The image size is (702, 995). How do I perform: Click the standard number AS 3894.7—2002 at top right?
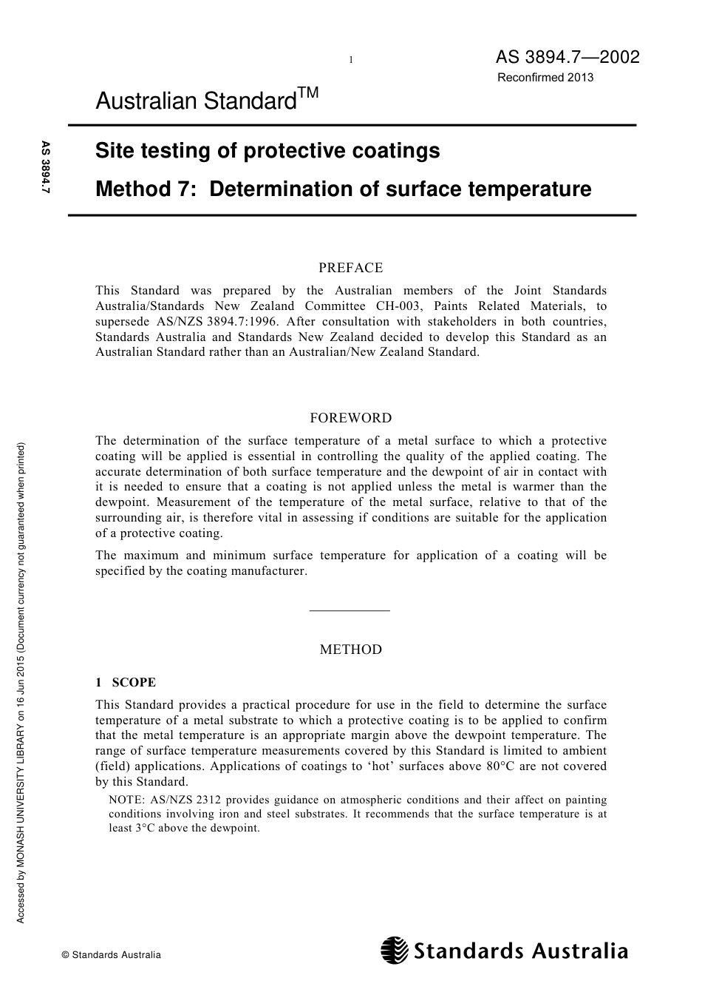(x=567, y=58)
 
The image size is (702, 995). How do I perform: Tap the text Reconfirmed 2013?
(x=545, y=77)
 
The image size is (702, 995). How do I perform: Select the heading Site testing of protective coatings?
(x=267, y=151)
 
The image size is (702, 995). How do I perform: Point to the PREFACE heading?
(x=350, y=268)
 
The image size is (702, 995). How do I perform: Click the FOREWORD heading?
(x=350, y=418)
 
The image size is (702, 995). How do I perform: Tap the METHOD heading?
(x=350, y=650)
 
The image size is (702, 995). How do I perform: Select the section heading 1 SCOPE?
(x=125, y=682)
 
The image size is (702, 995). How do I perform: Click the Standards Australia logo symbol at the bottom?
(x=394, y=951)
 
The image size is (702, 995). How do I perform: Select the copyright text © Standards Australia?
(x=111, y=955)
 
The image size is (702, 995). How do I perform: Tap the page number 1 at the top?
(x=351, y=60)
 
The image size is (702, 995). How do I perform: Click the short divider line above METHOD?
(x=350, y=610)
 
